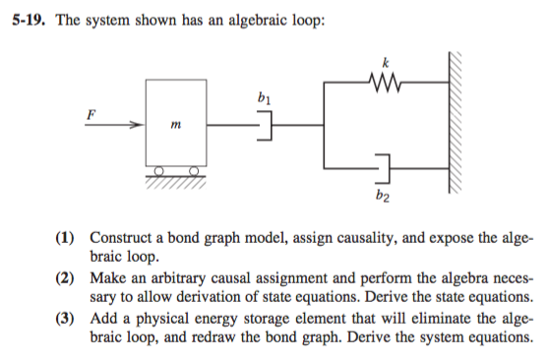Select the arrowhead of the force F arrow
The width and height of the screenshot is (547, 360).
click(138, 125)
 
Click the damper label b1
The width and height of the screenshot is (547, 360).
click(261, 98)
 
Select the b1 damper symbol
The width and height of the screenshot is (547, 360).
click(264, 126)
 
